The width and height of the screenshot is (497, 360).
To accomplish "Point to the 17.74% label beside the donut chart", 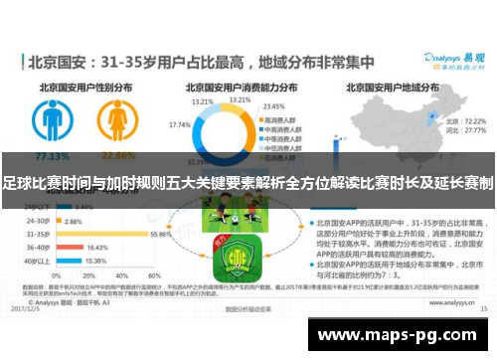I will (x=180, y=125).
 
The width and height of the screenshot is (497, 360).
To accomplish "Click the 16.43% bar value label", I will (x=96, y=247).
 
